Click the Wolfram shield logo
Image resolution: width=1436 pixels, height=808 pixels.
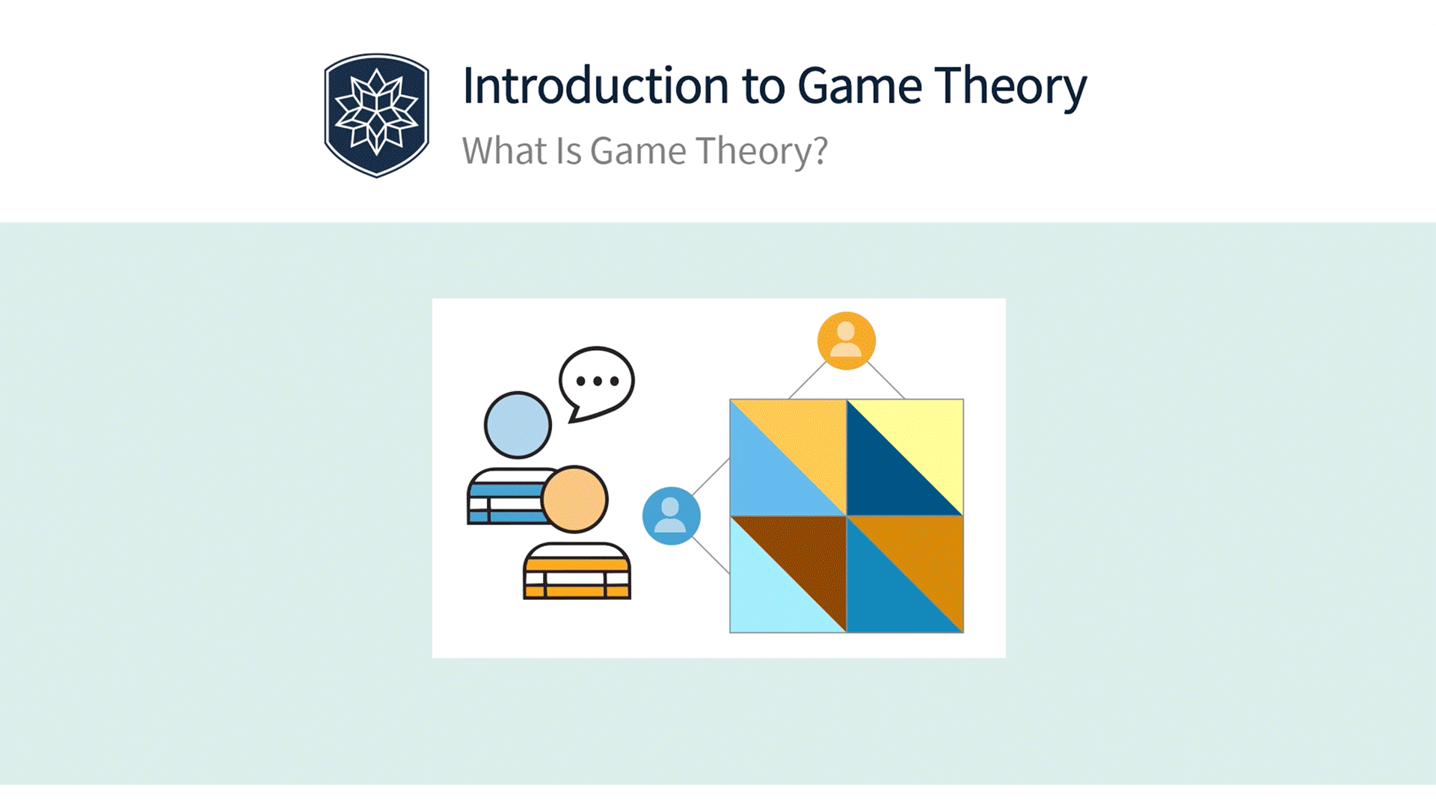coord(376,115)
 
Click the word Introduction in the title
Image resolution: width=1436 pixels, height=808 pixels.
coord(595,85)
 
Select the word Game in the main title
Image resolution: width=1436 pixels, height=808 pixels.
coord(860,85)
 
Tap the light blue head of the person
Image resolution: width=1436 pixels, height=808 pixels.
coord(518,425)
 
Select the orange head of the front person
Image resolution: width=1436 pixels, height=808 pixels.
coord(574,499)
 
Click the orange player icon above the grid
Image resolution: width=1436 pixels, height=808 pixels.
coord(846,340)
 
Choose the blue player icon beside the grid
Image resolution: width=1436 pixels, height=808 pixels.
coord(671,515)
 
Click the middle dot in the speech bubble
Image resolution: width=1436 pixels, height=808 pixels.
coord(597,382)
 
